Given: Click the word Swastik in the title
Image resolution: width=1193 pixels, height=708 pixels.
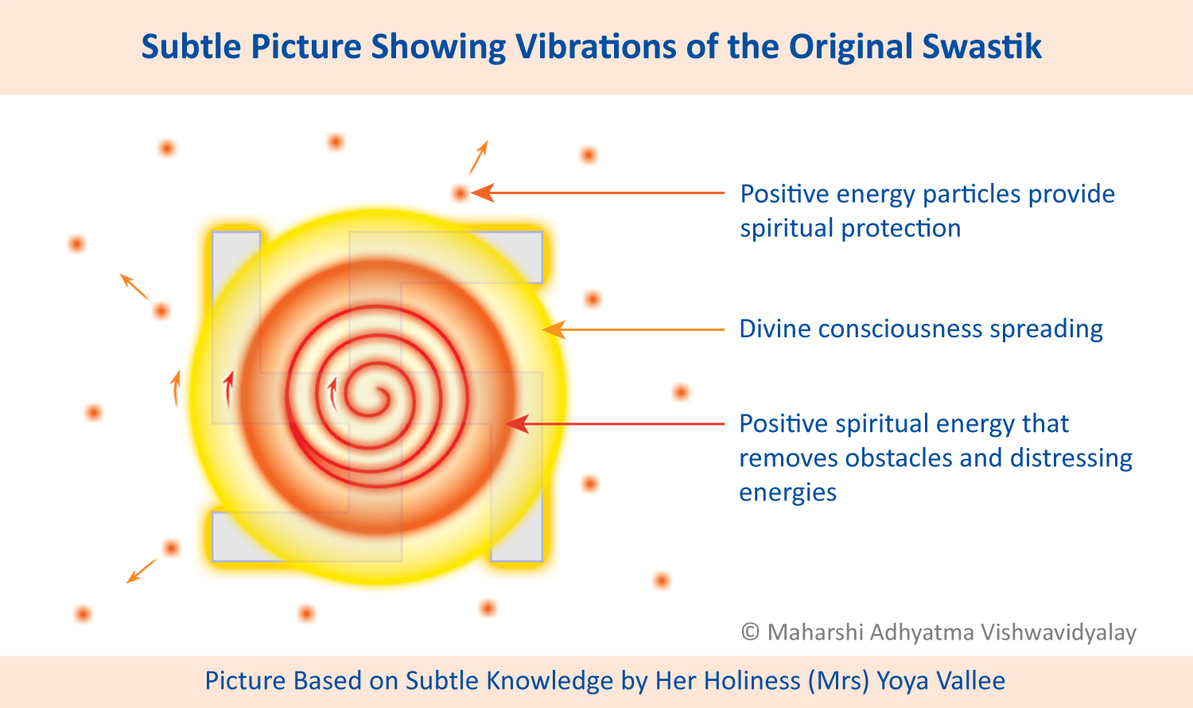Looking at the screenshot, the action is [981, 47].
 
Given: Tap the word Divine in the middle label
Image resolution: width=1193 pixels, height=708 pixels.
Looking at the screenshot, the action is [775, 329].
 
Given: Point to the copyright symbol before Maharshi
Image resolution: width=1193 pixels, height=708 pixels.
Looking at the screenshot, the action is [750, 632].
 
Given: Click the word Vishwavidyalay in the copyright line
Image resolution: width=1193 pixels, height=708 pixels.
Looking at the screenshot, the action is [1059, 633].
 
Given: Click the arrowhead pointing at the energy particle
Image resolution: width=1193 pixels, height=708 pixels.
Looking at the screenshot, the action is [483, 193].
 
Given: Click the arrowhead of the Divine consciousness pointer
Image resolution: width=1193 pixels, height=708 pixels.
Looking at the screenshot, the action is [554, 330].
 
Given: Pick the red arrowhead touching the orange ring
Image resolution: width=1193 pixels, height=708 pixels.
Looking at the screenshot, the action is [517, 424].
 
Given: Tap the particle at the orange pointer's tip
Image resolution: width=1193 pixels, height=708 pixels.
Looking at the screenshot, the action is [460, 193].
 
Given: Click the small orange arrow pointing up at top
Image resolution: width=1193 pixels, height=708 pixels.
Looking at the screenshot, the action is [478, 158].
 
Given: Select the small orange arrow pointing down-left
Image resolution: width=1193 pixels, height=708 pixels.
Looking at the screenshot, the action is [142, 570].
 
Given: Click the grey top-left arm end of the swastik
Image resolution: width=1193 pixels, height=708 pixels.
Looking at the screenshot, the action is [236, 266].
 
